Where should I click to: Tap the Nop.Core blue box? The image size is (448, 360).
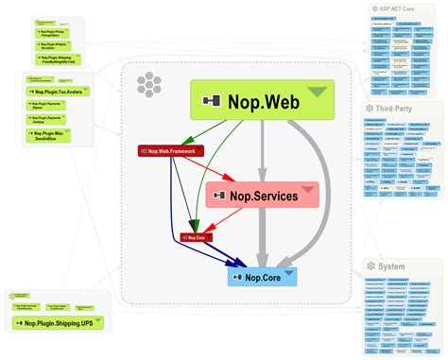tap(262, 277)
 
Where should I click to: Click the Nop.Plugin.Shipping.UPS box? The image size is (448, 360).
tap(59, 323)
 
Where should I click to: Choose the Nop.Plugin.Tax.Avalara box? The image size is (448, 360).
tap(60, 91)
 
